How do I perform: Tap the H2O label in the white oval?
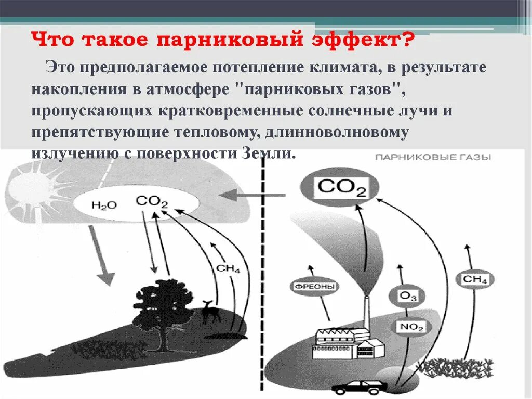coord(104,204)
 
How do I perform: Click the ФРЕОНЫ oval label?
coord(311,286)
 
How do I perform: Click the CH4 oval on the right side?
coord(475,280)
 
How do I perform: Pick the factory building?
coord(343,341)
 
